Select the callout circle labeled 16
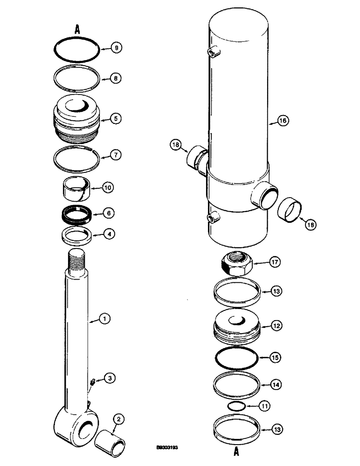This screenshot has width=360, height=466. [x=283, y=121]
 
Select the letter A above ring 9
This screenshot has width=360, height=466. [x=77, y=29]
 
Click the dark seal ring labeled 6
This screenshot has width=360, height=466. [x=76, y=214]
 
